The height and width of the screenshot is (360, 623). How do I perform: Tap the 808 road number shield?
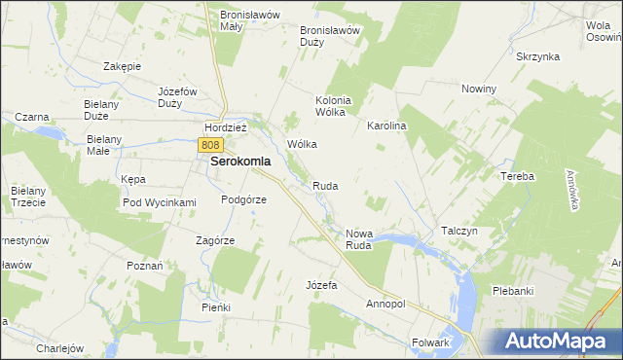pyautogui.click(x=211, y=144)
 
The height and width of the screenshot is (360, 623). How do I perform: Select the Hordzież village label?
pyautogui.click(x=226, y=126)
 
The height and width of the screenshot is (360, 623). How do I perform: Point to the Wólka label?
pyautogui.click(x=302, y=144)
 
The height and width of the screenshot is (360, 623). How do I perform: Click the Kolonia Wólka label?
pyautogui.click(x=331, y=105)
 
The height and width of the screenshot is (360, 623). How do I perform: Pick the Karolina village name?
pyautogui.click(x=385, y=126)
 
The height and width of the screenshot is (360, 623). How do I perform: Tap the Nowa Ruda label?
pyautogui.click(x=359, y=239)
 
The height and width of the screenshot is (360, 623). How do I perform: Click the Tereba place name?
pyautogui.click(x=518, y=176)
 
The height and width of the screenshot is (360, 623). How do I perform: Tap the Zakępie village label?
pyautogui.click(x=123, y=66)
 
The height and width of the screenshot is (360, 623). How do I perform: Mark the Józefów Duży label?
pyautogui.click(x=177, y=96)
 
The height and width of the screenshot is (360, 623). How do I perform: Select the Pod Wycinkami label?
pyautogui.click(x=160, y=202)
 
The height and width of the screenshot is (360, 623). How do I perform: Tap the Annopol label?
pyautogui.click(x=385, y=304)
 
